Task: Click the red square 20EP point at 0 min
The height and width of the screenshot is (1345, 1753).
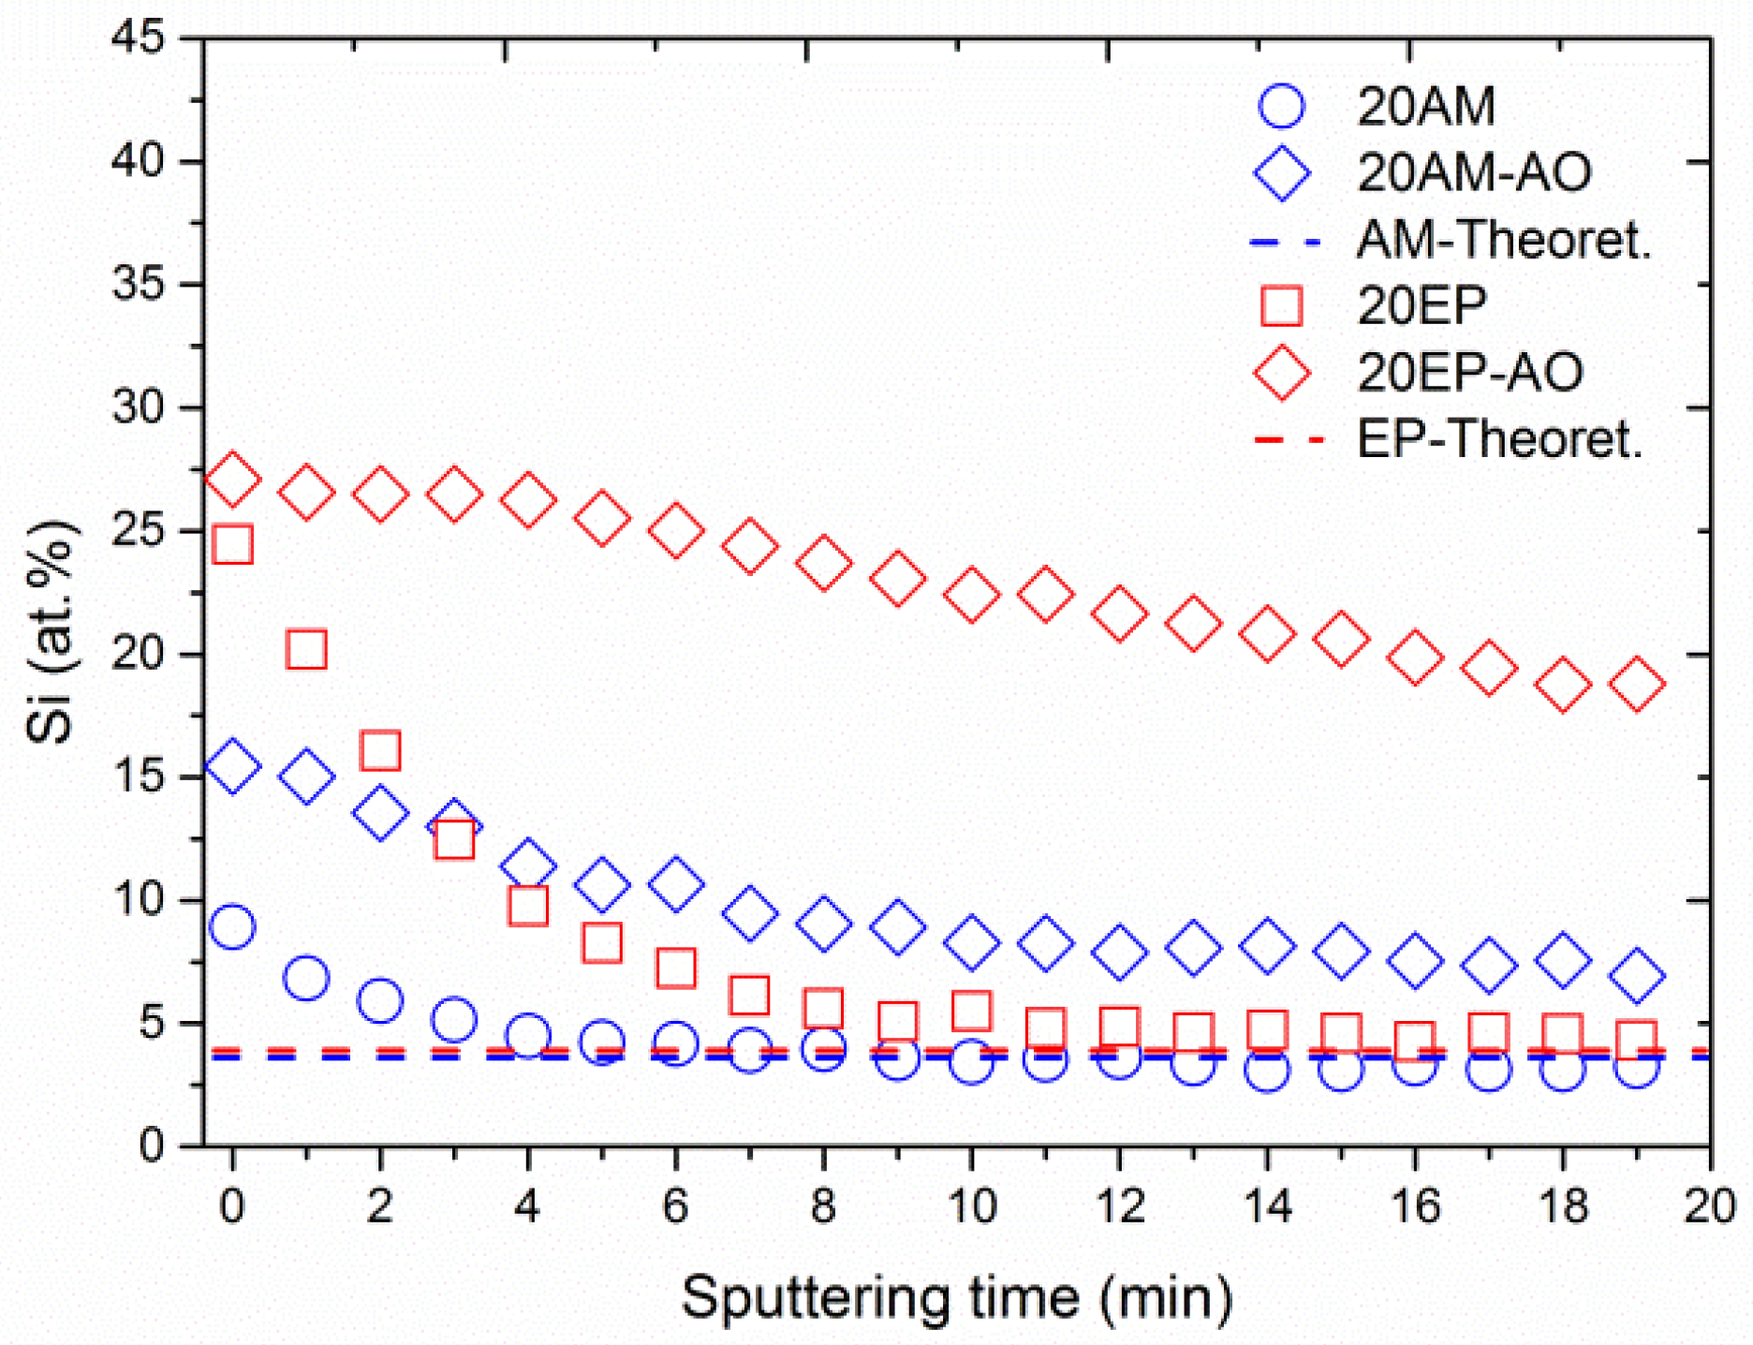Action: [x=232, y=544]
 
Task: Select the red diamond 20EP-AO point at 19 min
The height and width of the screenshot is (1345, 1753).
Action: [x=1636, y=683]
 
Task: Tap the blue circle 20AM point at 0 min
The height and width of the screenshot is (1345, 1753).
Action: [x=232, y=927]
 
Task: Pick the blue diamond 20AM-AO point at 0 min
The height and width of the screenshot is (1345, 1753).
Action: [x=232, y=766]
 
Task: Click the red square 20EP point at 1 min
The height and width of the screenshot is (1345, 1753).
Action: [x=306, y=649]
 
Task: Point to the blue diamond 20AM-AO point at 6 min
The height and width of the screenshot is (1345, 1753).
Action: [x=675, y=883]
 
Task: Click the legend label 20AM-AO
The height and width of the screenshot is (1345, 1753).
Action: [x=1474, y=172]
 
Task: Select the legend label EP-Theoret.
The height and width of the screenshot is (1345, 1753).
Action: [x=1500, y=438]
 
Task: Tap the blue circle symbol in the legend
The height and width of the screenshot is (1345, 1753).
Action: [x=1281, y=106]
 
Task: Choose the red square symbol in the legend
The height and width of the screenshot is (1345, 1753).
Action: [x=1281, y=305]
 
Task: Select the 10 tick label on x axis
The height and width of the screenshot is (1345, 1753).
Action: [x=971, y=1206]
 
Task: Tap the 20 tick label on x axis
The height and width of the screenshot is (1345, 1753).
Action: [x=1709, y=1206]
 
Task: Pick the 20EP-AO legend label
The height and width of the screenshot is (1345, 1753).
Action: [x=1470, y=372]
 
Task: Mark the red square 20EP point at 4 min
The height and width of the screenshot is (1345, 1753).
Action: [x=527, y=906]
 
